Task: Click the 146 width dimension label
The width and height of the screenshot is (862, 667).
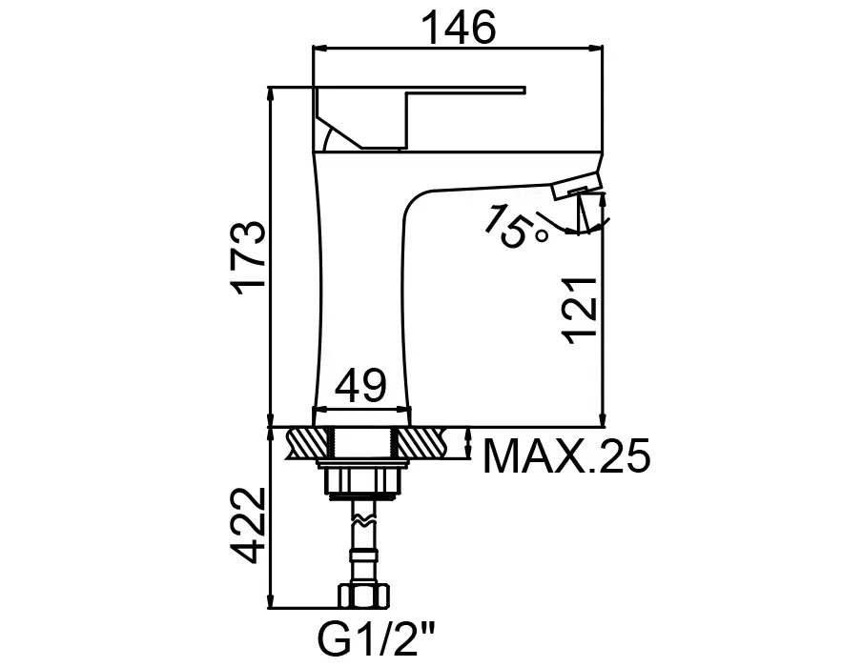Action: click(x=458, y=28)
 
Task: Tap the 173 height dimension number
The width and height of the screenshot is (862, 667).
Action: click(x=250, y=258)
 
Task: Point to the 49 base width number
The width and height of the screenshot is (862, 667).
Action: click(x=360, y=386)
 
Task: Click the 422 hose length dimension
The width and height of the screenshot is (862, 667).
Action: click(x=250, y=525)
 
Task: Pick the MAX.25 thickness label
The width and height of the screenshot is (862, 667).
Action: click(x=566, y=456)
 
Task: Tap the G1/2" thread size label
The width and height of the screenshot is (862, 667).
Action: click(x=377, y=637)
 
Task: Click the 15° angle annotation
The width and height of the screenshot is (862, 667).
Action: click(x=515, y=227)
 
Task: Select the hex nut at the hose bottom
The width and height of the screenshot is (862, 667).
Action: click(x=363, y=596)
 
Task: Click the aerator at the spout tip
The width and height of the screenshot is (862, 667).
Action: click(x=576, y=186)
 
